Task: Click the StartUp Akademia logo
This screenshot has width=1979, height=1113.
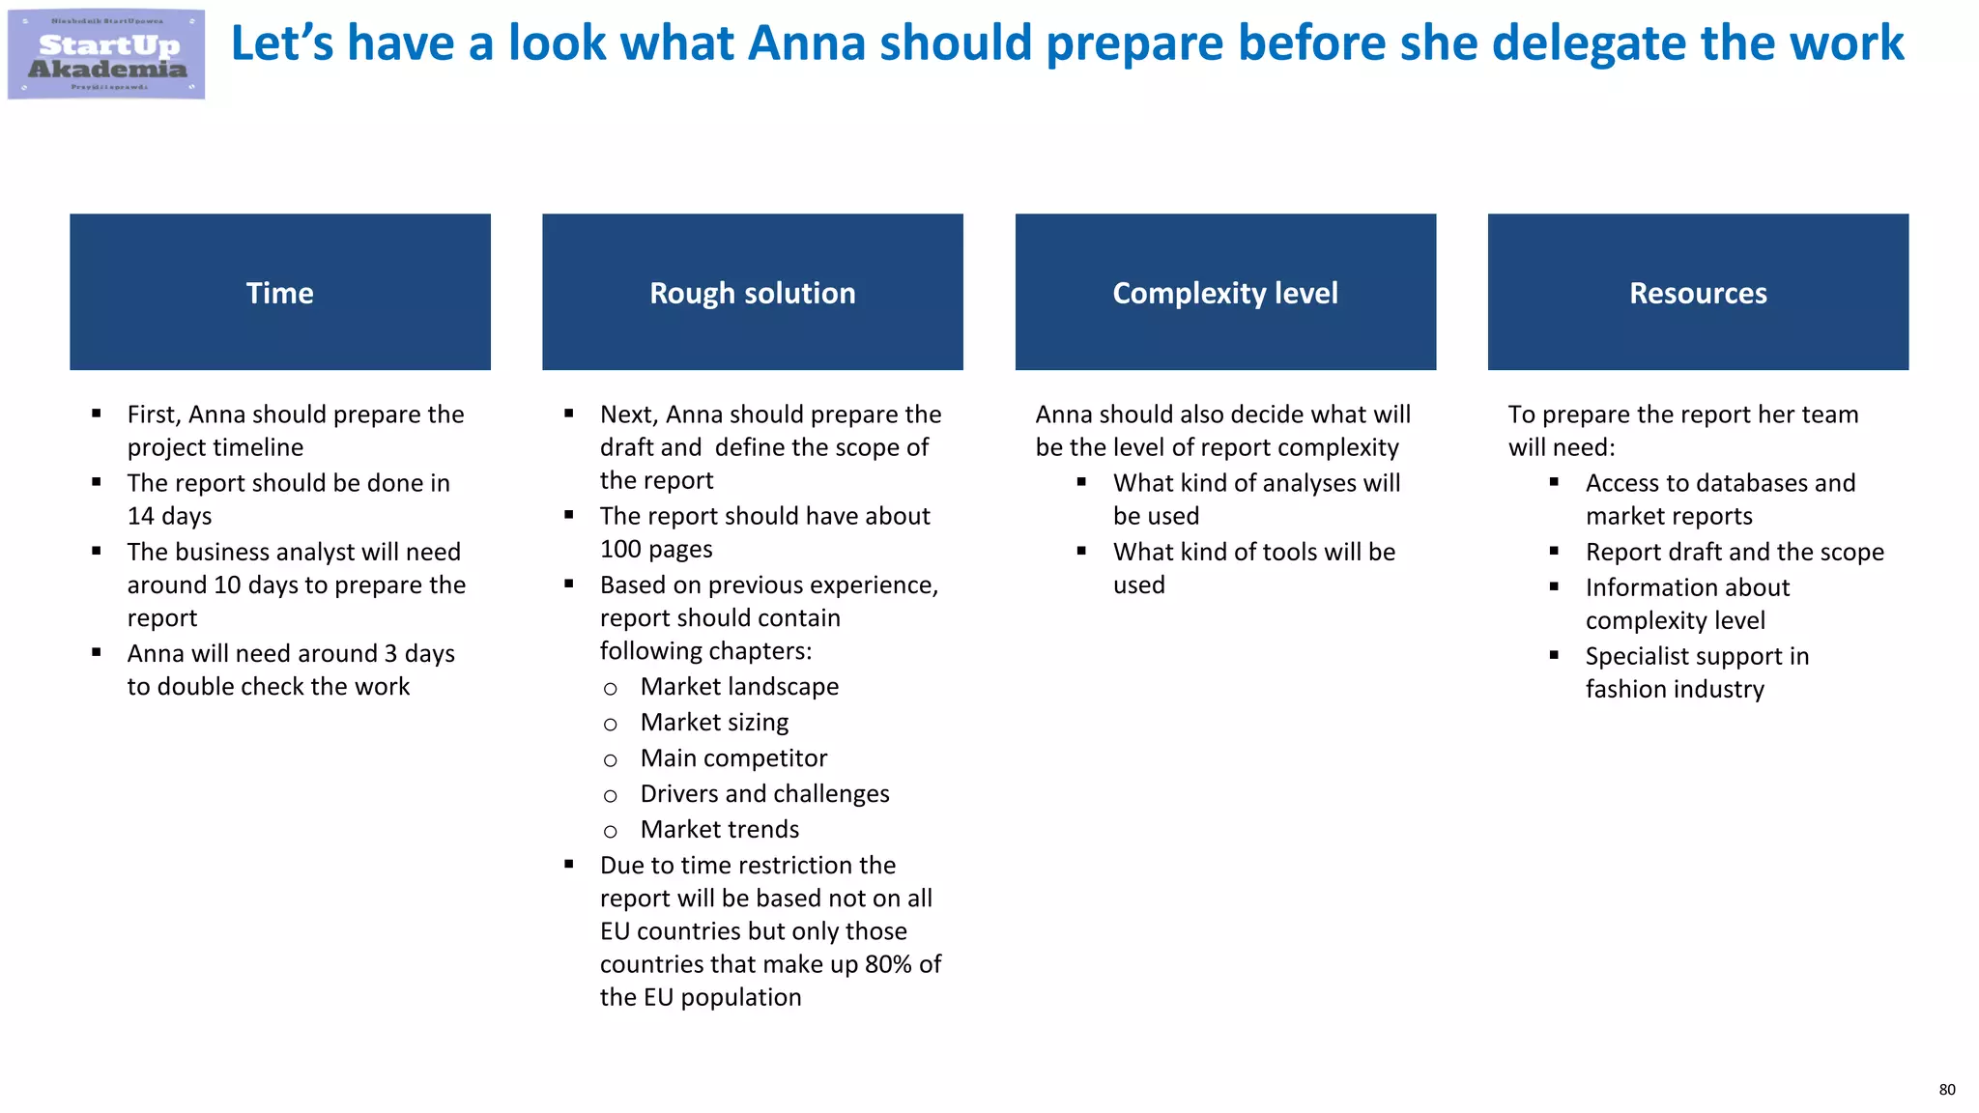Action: [x=106, y=55]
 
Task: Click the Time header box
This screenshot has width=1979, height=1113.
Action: [x=280, y=292]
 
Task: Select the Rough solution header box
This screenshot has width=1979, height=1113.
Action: [x=752, y=292]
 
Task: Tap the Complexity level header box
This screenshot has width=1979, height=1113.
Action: [x=1225, y=292]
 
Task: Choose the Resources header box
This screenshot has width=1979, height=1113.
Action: [x=1698, y=292]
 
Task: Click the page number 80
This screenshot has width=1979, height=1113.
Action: [x=1946, y=1090]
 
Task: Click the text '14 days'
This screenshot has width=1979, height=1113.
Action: [x=169, y=516]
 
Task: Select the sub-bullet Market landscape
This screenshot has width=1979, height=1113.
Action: [x=739, y=687]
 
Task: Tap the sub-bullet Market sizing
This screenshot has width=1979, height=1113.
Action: [x=714, y=723]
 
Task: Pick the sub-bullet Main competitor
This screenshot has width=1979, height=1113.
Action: [x=733, y=758]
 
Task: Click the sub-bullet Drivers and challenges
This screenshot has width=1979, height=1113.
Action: [x=764, y=794]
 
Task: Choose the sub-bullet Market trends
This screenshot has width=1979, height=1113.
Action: [x=720, y=830]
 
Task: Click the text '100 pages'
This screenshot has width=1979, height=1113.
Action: [x=656, y=550]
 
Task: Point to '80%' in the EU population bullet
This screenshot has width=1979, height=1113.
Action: [x=888, y=964]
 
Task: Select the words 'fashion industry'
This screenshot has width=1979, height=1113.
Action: [x=1675, y=689]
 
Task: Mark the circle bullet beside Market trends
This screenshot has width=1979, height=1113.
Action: [x=610, y=832]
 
